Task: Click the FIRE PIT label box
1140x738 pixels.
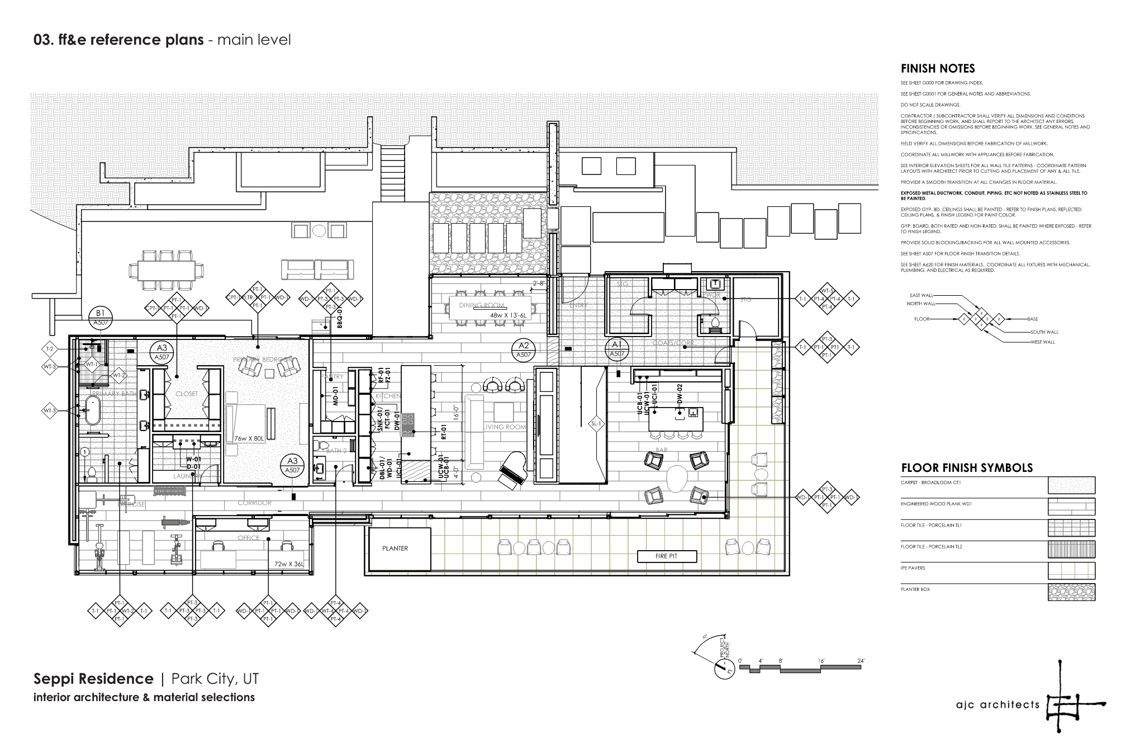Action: [666, 556]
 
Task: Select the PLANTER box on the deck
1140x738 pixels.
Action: [399, 548]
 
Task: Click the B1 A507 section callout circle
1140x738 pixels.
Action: [101, 318]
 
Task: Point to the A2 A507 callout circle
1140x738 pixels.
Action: [524, 349]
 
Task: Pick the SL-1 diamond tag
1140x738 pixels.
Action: [596, 424]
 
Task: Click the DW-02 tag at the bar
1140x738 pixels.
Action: [680, 394]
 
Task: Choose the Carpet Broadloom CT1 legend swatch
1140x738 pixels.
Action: [1071, 485]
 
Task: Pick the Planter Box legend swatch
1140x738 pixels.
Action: [1071, 592]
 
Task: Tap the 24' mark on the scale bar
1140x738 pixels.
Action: [861, 661]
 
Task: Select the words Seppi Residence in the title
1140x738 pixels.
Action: [93, 679]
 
